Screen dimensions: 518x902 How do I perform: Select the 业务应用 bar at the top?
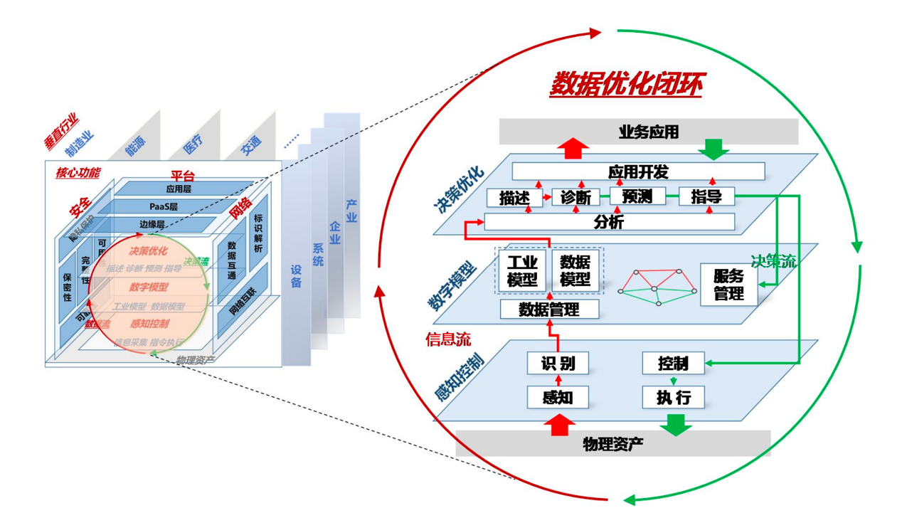point(648,132)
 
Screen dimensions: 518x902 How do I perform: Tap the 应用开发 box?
point(638,171)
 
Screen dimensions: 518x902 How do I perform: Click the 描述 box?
point(514,197)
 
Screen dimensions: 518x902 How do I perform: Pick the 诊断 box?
point(575,197)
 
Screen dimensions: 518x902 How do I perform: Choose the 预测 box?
point(637,196)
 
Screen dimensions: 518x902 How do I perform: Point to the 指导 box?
point(706,196)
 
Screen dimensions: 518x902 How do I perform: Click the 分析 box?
point(609,222)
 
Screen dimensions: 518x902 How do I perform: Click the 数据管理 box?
point(549,310)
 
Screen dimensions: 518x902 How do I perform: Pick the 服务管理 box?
point(728,285)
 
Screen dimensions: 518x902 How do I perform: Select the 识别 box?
point(557,364)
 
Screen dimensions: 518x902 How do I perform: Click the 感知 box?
point(557,397)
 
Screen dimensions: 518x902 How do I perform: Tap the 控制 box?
point(673,364)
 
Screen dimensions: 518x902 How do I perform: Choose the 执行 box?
point(673,397)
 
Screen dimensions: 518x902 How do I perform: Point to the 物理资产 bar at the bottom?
point(612,444)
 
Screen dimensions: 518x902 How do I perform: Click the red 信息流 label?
point(448,339)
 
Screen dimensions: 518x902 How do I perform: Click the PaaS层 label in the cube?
point(164,206)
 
